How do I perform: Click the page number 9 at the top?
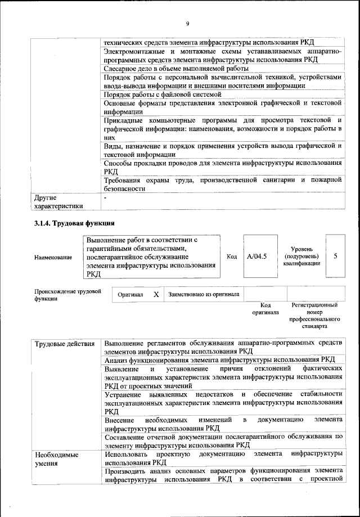(x=188, y=23)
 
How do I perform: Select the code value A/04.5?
(x=257, y=257)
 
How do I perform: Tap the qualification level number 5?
(x=335, y=256)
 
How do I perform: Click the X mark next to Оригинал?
(x=156, y=294)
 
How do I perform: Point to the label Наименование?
(x=53, y=257)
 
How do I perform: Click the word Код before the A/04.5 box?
(x=231, y=257)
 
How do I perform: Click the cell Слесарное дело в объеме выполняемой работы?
(x=176, y=68)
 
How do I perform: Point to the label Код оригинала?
(x=265, y=308)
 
